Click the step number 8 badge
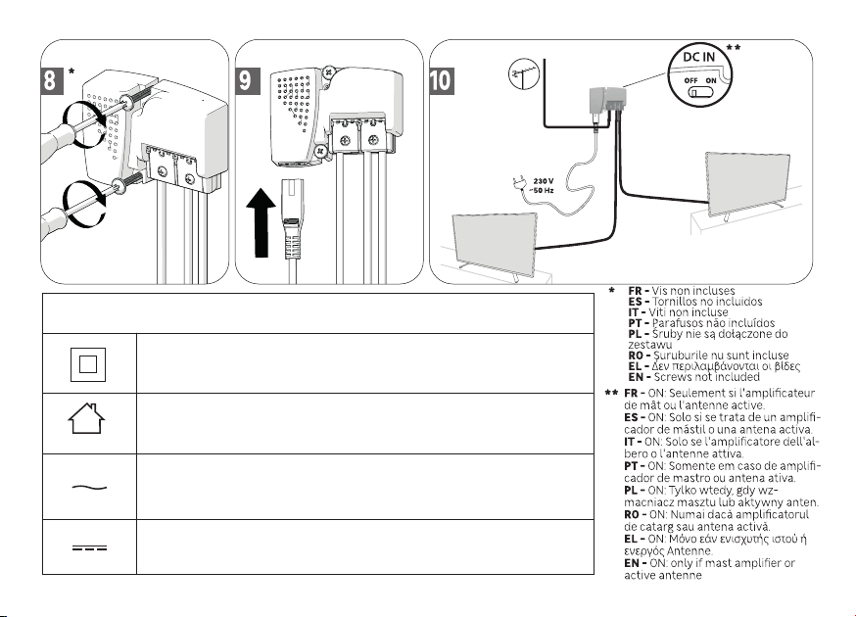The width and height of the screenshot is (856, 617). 50,80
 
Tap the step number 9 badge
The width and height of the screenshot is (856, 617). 247,80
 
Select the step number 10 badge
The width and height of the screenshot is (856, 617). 441,80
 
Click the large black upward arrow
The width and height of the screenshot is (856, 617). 261,222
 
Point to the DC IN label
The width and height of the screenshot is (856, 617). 698,57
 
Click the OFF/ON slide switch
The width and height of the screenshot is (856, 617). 700,92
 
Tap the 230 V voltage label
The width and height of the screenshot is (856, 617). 544,181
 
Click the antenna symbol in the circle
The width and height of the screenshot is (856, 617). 524,74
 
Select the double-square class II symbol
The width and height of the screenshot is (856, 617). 88,364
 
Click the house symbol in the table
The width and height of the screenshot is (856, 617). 86,418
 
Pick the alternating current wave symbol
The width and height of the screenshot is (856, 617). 89,487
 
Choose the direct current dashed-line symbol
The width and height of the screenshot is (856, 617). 89,547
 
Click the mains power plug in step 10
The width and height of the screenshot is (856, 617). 519,183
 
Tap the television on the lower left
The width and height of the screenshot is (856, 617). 494,241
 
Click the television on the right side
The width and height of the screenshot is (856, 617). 748,184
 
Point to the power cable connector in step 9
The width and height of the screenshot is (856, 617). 290,219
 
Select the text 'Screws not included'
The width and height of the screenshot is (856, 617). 706,377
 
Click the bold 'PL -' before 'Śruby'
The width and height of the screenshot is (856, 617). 639,334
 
